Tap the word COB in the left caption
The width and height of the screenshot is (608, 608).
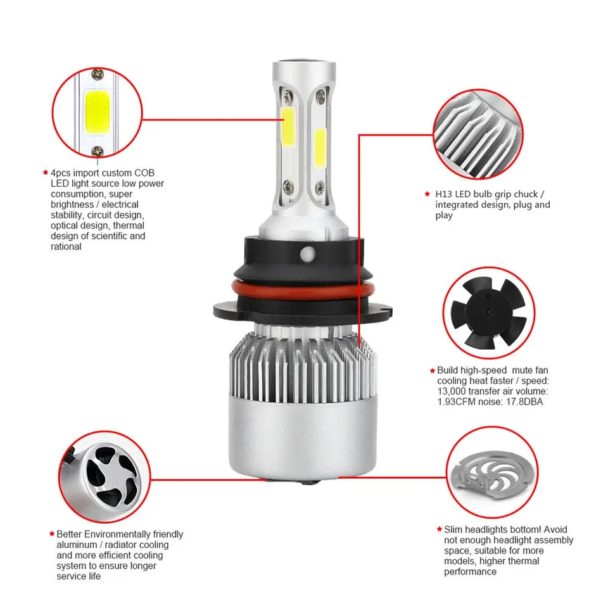144,172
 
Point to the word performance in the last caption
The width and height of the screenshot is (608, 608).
470,572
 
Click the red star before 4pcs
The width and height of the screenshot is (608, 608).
45,172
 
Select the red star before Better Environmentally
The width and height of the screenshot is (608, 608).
51,534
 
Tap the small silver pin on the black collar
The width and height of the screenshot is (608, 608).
308,253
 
